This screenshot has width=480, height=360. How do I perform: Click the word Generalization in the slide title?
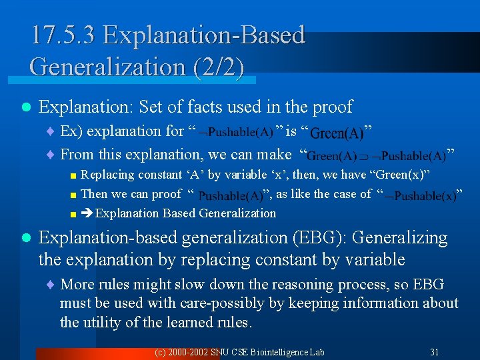[106, 67]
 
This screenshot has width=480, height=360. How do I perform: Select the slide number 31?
[435, 351]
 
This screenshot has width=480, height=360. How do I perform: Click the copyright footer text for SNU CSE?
[239, 351]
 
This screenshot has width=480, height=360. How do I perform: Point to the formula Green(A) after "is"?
[337, 133]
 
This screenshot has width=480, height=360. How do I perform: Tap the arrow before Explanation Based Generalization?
[87, 213]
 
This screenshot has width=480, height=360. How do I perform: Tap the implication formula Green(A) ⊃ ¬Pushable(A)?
[377, 156]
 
